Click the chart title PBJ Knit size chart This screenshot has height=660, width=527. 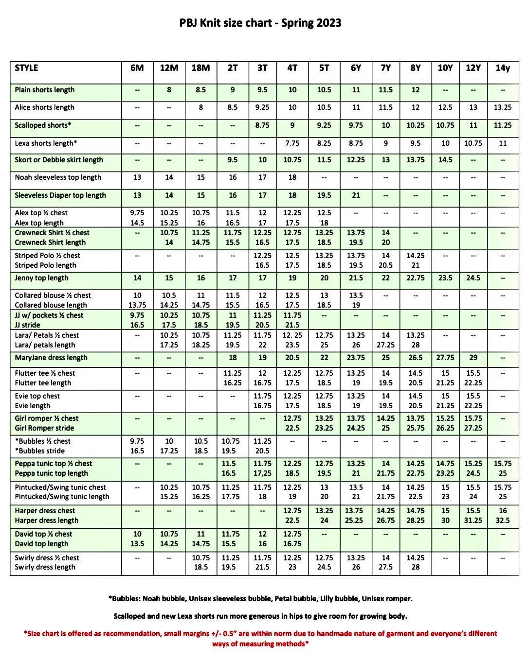260,23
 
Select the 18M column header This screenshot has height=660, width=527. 201,68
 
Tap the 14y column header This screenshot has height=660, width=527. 503,68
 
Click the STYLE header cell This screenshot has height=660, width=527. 27,68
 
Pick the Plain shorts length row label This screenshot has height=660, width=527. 45,90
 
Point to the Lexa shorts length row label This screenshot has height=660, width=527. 46,143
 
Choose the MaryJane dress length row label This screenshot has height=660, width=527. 51,358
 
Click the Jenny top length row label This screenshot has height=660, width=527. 41,278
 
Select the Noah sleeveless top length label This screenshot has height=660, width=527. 58,177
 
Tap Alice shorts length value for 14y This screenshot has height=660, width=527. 503,107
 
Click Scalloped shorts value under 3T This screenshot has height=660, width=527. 262,125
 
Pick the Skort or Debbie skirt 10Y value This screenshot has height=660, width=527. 445,160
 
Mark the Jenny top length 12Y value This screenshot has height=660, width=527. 473,278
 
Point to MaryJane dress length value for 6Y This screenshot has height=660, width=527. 356,358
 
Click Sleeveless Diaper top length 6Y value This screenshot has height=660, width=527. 356,195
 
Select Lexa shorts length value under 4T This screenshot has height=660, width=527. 292,143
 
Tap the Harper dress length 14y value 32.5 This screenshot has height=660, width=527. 503,521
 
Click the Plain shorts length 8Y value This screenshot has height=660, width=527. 415,90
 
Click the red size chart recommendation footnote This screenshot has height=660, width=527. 260,638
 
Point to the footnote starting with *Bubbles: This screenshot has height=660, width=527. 260,599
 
